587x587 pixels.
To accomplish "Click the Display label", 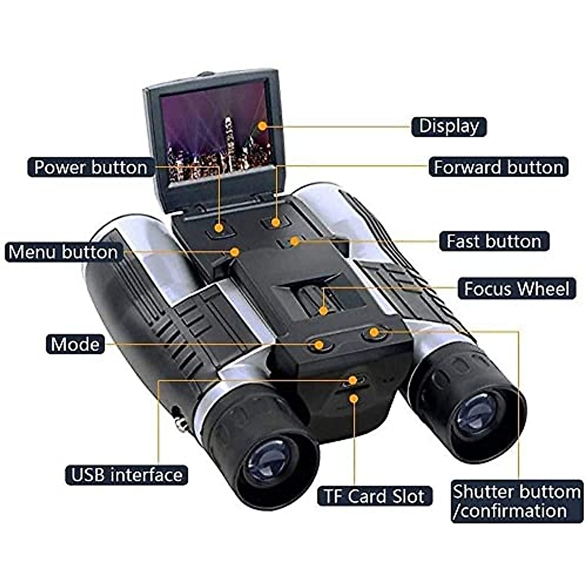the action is [449, 126].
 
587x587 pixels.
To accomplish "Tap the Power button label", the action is [90, 167].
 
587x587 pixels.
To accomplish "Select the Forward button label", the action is [498, 167].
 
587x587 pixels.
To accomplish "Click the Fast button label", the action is [494, 241].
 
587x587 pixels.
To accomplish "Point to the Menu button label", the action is [64, 252].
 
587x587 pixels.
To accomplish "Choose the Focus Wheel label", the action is [517, 289].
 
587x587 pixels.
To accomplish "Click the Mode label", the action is [75, 344].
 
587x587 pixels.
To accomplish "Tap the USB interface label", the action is [127, 475].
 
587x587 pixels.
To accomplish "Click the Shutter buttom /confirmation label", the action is [516, 501].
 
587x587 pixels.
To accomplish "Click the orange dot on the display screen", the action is [263, 126].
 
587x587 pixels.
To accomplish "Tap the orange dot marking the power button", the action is [219, 227].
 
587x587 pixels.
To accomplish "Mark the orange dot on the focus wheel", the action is [323, 310].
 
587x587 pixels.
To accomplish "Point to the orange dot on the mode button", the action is [319, 345].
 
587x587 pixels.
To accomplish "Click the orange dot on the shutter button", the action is [374, 333].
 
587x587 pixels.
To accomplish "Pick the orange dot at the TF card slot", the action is [354, 399].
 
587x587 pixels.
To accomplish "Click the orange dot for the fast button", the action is [294, 241].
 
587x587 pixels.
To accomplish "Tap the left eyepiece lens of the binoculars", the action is [268, 461].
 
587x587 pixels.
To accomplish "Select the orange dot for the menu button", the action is [235, 252].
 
